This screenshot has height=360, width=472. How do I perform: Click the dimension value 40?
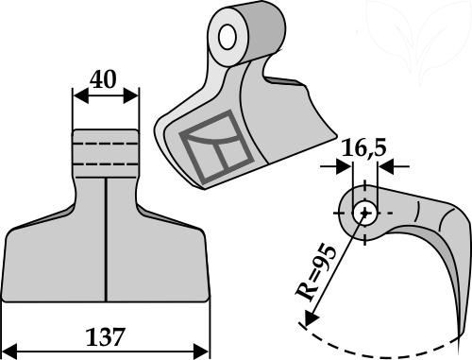[103, 79]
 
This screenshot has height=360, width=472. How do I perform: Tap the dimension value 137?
[105, 337]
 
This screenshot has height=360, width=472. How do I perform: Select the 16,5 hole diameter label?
[363, 148]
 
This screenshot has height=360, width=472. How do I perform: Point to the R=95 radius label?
[316, 272]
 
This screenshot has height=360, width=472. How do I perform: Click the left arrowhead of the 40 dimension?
[80, 95]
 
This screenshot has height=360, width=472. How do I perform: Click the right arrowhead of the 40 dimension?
[130, 95]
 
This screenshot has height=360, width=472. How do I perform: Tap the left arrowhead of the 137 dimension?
[9, 351]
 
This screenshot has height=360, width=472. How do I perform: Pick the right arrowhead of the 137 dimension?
[201, 351]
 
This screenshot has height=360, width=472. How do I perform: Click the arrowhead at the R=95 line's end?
[310, 317]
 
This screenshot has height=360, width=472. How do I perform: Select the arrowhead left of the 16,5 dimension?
[344, 166]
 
